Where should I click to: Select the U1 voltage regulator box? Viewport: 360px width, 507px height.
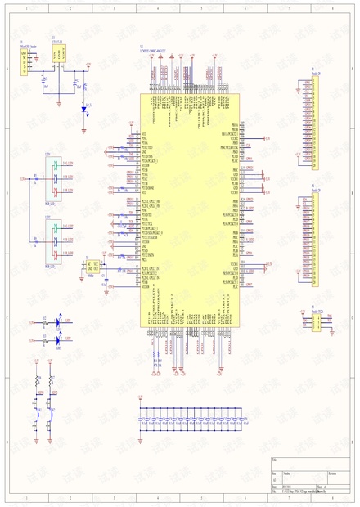pos(58,56)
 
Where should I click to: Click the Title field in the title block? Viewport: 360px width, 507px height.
pos(303,464)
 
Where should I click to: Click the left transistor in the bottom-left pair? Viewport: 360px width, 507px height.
pos(38,406)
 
